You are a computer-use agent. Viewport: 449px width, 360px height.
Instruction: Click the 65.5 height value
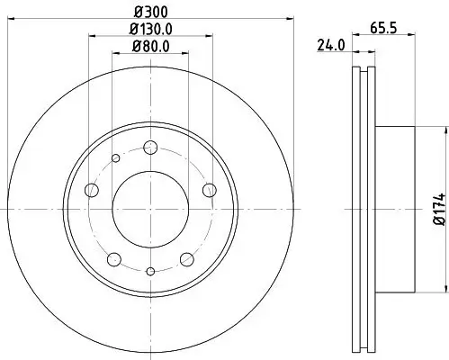(384, 27)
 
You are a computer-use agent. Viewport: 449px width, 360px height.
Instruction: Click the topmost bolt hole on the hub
(150, 148)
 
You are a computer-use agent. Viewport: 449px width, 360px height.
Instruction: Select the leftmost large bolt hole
(91, 190)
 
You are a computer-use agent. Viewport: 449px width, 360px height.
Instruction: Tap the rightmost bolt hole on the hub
(210, 189)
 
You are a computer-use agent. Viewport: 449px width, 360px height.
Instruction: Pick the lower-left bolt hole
(113, 259)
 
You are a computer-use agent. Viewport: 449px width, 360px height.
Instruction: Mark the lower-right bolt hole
(186, 259)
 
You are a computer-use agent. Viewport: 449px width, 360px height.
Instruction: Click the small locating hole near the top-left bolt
(115, 159)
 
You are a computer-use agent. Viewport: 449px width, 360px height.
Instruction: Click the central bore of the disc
(150, 208)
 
